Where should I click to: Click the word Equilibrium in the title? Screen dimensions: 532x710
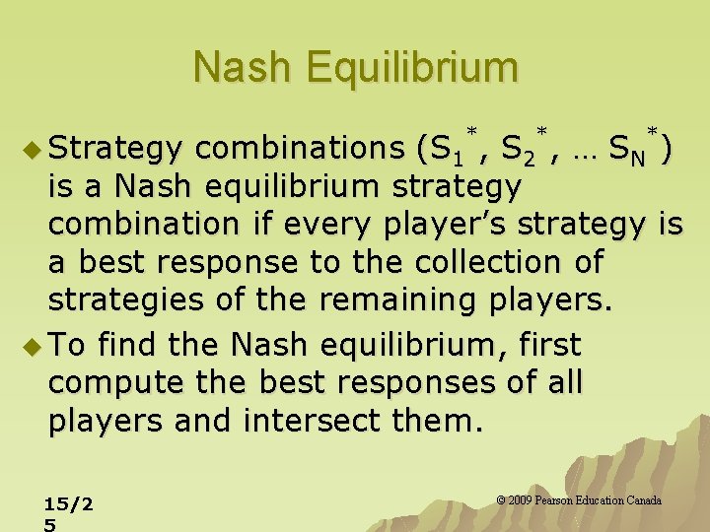click(412, 68)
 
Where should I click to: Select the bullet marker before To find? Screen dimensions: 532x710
click(31, 346)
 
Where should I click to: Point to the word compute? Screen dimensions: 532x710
click(107, 383)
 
